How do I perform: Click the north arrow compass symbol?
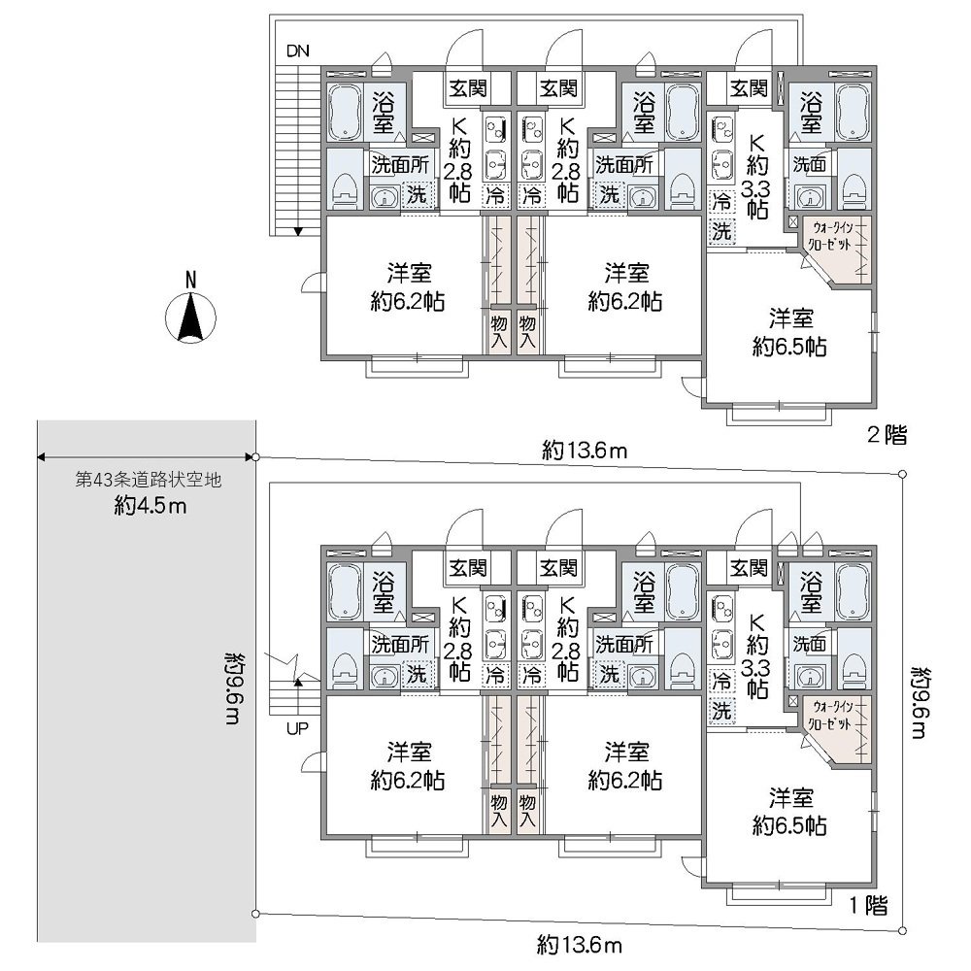[x=190, y=315]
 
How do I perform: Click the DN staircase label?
[x=297, y=50]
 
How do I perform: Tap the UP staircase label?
[x=297, y=729]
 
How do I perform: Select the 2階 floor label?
[x=887, y=435]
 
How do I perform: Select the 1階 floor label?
[x=868, y=905]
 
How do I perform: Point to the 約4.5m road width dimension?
[x=151, y=506]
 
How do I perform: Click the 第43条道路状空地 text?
[x=148, y=480]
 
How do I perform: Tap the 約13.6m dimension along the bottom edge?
[x=580, y=945]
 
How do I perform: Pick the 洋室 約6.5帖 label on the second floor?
[x=789, y=332]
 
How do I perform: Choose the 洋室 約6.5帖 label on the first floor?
[x=789, y=811]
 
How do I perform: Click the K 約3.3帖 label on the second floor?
[x=756, y=177]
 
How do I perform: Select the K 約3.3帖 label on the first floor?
[x=756, y=656]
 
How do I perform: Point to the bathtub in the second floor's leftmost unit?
[x=345, y=112]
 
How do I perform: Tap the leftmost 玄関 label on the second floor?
[x=468, y=88]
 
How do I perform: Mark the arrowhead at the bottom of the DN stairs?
[x=298, y=232]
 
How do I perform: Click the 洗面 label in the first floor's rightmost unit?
[x=810, y=644]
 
